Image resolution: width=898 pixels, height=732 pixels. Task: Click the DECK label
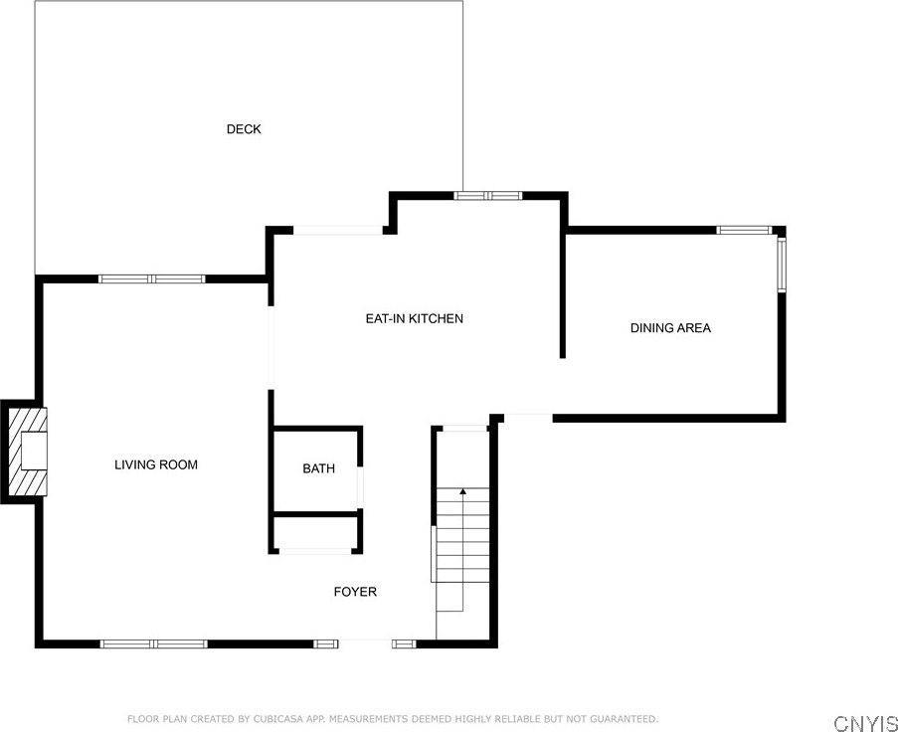244,129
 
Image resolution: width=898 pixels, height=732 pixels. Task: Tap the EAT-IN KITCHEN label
415,319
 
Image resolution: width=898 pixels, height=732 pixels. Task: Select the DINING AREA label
670,328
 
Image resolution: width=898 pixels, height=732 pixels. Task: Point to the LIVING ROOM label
156,464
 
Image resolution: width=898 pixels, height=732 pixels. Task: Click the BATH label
319,468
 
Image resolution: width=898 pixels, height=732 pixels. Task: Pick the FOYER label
355,592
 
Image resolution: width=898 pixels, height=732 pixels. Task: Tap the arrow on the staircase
462,491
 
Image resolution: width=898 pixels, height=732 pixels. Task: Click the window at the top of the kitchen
488,196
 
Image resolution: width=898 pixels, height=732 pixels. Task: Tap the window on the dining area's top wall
745,231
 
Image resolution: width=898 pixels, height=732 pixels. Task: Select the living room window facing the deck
151,278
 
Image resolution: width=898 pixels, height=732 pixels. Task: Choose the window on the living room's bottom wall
154,643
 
